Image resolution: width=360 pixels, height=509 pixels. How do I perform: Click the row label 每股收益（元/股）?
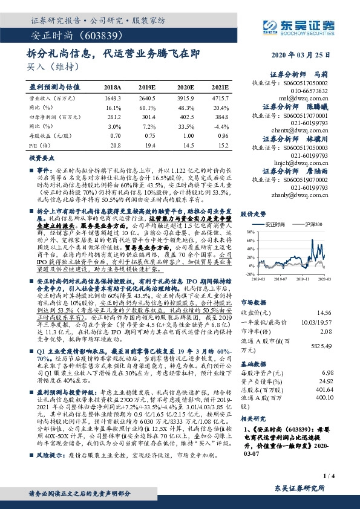(x=48, y=135)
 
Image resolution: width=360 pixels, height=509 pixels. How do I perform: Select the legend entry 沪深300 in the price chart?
(x=312, y=224)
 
